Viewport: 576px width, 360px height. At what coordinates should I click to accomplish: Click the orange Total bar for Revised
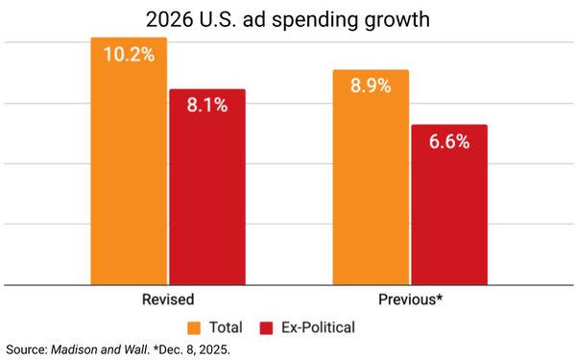coord(129,161)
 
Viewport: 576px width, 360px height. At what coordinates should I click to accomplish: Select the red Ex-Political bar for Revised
coord(207,186)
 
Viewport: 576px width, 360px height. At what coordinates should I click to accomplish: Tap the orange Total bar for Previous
coord(371,177)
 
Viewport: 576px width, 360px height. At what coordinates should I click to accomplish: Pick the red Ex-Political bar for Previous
coord(449,204)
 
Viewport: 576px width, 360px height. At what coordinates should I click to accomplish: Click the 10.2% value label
coord(129,55)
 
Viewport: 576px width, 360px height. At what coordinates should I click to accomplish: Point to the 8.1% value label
coord(207,105)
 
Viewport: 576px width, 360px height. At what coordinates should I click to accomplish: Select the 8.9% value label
coord(371,85)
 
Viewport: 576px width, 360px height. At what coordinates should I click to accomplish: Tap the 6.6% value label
coord(449,141)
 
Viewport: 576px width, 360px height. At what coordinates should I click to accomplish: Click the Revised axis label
coord(168,300)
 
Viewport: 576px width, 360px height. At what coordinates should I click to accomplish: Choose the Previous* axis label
coord(410,300)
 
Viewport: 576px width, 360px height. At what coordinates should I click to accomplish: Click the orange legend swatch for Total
coord(194,328)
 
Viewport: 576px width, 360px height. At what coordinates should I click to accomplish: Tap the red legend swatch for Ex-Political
coord(266,328)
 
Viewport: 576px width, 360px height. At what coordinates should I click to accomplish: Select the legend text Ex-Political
coord(318,327)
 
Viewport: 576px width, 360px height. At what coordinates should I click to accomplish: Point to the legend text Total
coord(226,327)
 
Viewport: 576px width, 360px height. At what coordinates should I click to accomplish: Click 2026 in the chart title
coord(169,19)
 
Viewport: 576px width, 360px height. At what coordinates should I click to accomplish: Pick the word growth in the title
coord(397,20)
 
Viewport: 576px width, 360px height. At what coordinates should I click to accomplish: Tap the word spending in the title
coord(315,20)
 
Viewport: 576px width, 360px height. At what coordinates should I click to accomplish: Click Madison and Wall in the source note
coord(100,349)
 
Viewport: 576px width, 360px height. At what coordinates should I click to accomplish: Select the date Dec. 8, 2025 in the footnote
coord(194,349)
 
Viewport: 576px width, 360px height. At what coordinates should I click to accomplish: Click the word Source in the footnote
coord(25,349)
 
